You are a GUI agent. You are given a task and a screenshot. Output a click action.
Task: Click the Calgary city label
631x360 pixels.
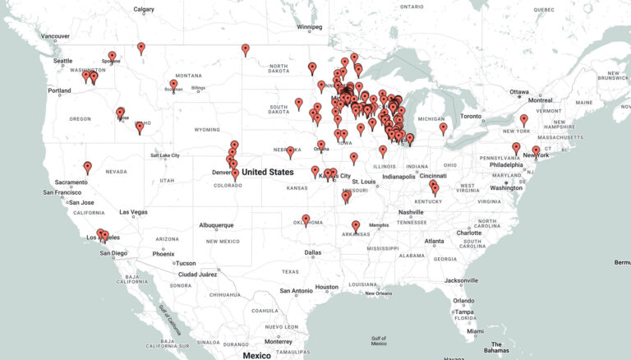point(144,10)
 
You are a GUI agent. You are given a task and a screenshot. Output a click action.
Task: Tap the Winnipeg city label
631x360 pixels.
point(310,26)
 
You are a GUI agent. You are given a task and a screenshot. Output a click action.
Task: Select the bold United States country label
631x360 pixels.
point(268,172)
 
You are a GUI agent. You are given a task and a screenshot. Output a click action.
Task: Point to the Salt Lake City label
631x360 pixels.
point(171,155)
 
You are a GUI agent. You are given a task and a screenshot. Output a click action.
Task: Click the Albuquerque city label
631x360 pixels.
point(218,224)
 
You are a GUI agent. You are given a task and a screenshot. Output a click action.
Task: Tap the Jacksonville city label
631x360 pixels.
point(461,280)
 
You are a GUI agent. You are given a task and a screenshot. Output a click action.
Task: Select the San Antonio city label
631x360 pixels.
point(296,290)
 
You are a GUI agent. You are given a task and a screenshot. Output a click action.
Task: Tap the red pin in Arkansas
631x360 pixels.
point(356,226)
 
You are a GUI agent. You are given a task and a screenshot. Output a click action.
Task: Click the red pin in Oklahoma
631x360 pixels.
point(306,219)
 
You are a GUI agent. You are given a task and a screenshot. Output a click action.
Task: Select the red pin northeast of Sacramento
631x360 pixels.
point(87,167)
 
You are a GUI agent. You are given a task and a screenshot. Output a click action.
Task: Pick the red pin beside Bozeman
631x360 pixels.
point(173,84)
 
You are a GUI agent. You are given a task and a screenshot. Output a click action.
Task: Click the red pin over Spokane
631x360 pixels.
point(112,57)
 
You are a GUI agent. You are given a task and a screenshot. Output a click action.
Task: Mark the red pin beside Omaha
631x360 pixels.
point(320,145)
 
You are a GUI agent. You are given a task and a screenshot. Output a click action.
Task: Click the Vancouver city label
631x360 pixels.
point(55,36)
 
